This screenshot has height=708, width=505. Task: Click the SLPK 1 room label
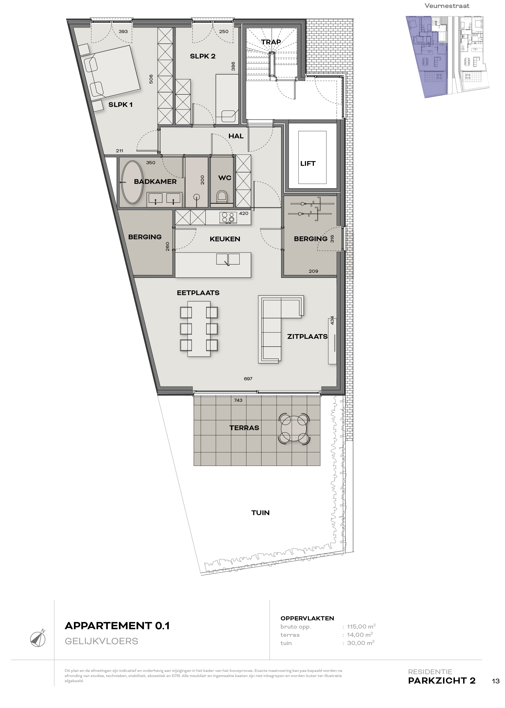click(120, 105)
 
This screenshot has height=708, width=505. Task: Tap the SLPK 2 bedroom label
click(203, 56)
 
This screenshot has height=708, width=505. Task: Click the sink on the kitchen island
click(228, 259)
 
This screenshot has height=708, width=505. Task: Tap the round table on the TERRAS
click(294, 429)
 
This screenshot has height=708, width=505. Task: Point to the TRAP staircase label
click(271, 42)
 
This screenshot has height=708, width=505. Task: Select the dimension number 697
click(248, 379)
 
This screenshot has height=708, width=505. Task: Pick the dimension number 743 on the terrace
click(238, 400)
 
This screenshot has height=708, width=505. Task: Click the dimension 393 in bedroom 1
click(123, 31)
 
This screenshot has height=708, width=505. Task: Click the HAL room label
click(236, 136)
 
